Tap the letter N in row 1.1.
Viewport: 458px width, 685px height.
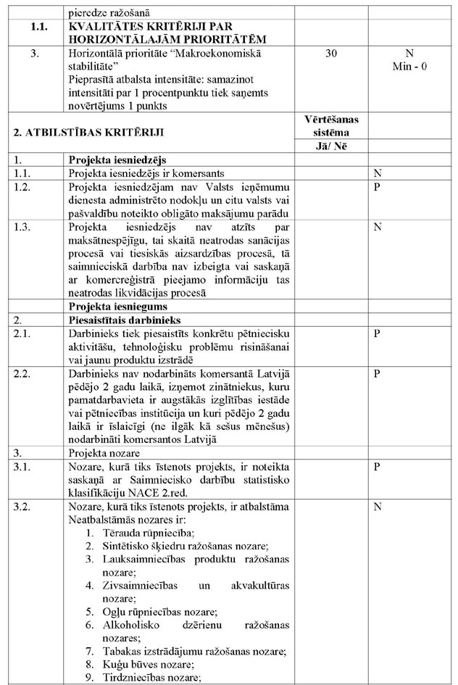377,174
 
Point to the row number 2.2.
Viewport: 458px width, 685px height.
24,375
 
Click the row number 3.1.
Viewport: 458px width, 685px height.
24,467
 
